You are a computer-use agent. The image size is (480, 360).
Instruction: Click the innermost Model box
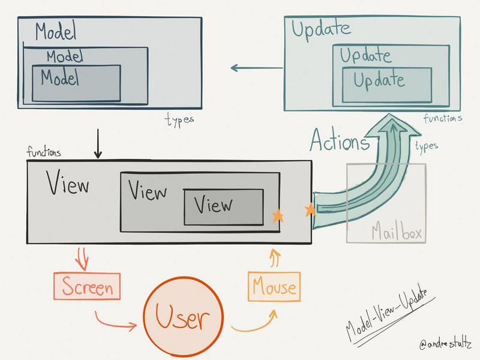click(x=76, y=83)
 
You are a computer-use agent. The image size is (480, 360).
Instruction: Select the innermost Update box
click(x=387, y=84)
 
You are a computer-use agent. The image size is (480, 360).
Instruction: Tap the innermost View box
click(x=223, y=207)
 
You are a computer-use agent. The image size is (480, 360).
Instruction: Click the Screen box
click(x=87, y=286)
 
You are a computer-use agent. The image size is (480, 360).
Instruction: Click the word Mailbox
click(x=386, y=232)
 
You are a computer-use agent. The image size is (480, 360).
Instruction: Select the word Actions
click(x=340, y=142)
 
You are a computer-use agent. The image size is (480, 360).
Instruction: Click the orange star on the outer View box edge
click(x=310, y=210)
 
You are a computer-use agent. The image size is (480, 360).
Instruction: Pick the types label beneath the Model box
click(x=179, y=119)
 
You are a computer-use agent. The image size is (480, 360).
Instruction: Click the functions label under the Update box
click(x=443, y=119)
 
